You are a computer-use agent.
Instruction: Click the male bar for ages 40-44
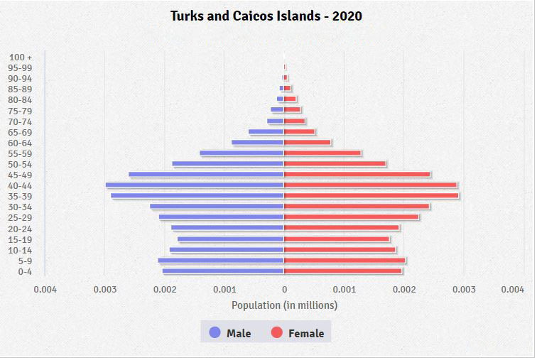tap(195, 185)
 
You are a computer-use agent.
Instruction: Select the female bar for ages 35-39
tap(371, 196)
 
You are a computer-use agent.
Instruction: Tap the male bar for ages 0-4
tap(223, 271)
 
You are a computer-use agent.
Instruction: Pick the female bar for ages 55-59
tap(322, 153)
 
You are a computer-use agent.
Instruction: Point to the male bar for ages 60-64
tap(258, 143)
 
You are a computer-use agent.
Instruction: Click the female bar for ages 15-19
tap(337, 239)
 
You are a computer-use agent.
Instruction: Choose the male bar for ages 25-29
tap(221, 217)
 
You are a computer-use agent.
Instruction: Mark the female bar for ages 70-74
tap(295, 121)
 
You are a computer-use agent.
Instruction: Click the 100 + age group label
tap(21, 57)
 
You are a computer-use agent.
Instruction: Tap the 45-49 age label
tap(20, 175)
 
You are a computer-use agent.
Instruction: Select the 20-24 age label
tap(20, 229)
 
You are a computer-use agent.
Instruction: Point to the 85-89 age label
tap(20, 89)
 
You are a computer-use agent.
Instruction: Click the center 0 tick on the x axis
tap(284, 290)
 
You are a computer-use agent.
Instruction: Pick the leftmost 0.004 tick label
tap(45, 290)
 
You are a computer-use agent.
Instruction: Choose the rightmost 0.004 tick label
tap(512, 290)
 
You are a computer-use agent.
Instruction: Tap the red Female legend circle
tap(277, 333)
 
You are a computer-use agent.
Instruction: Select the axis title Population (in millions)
tap(284, 305)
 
